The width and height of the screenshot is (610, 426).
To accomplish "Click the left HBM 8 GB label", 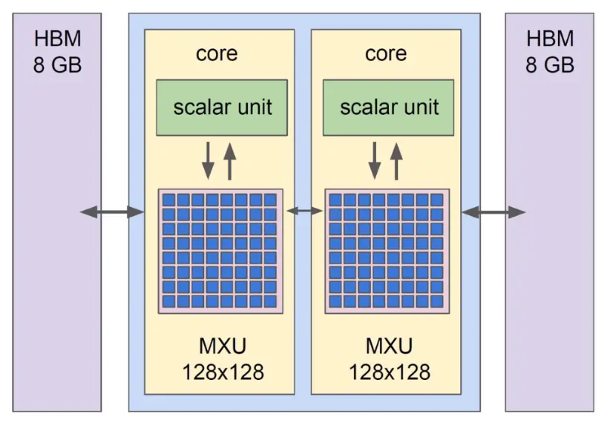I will point(57,51).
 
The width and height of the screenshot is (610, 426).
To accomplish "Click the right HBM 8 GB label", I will point(550,51).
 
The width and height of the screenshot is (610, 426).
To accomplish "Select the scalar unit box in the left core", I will point(222,107).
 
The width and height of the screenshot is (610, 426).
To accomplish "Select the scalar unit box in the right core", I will point(389,107).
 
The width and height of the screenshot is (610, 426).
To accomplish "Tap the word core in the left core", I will point(217,53).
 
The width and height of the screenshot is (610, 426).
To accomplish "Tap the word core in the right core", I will point(386,53).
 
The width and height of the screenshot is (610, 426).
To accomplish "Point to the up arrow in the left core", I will point(229,161).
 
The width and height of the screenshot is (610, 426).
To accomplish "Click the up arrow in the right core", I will point(396,161).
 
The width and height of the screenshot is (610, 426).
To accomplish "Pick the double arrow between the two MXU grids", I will point(304,212).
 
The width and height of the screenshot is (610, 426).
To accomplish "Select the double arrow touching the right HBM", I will point(493,212).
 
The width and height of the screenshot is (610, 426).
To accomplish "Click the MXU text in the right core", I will point(389,347).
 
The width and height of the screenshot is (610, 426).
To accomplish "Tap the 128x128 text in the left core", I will point(222,371).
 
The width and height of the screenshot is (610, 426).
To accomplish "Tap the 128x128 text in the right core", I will point(390,371).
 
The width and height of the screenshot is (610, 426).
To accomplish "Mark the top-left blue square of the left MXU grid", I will point(168,200).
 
